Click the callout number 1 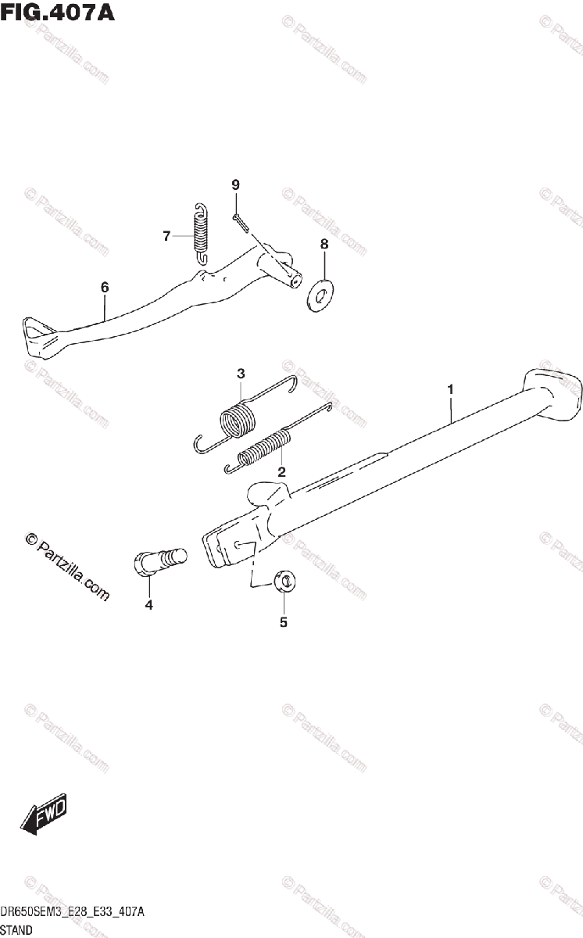pos(450,388)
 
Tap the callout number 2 pos(281,471)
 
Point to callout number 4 pos(148,605)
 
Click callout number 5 pos(284,623)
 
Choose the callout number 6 pos(105,288)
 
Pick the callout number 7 pos(166,236)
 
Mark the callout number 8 pos(324,244)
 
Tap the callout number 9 pos(234,184)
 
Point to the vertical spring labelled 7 pos(202,231)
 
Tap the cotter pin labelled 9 pos(241,224)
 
